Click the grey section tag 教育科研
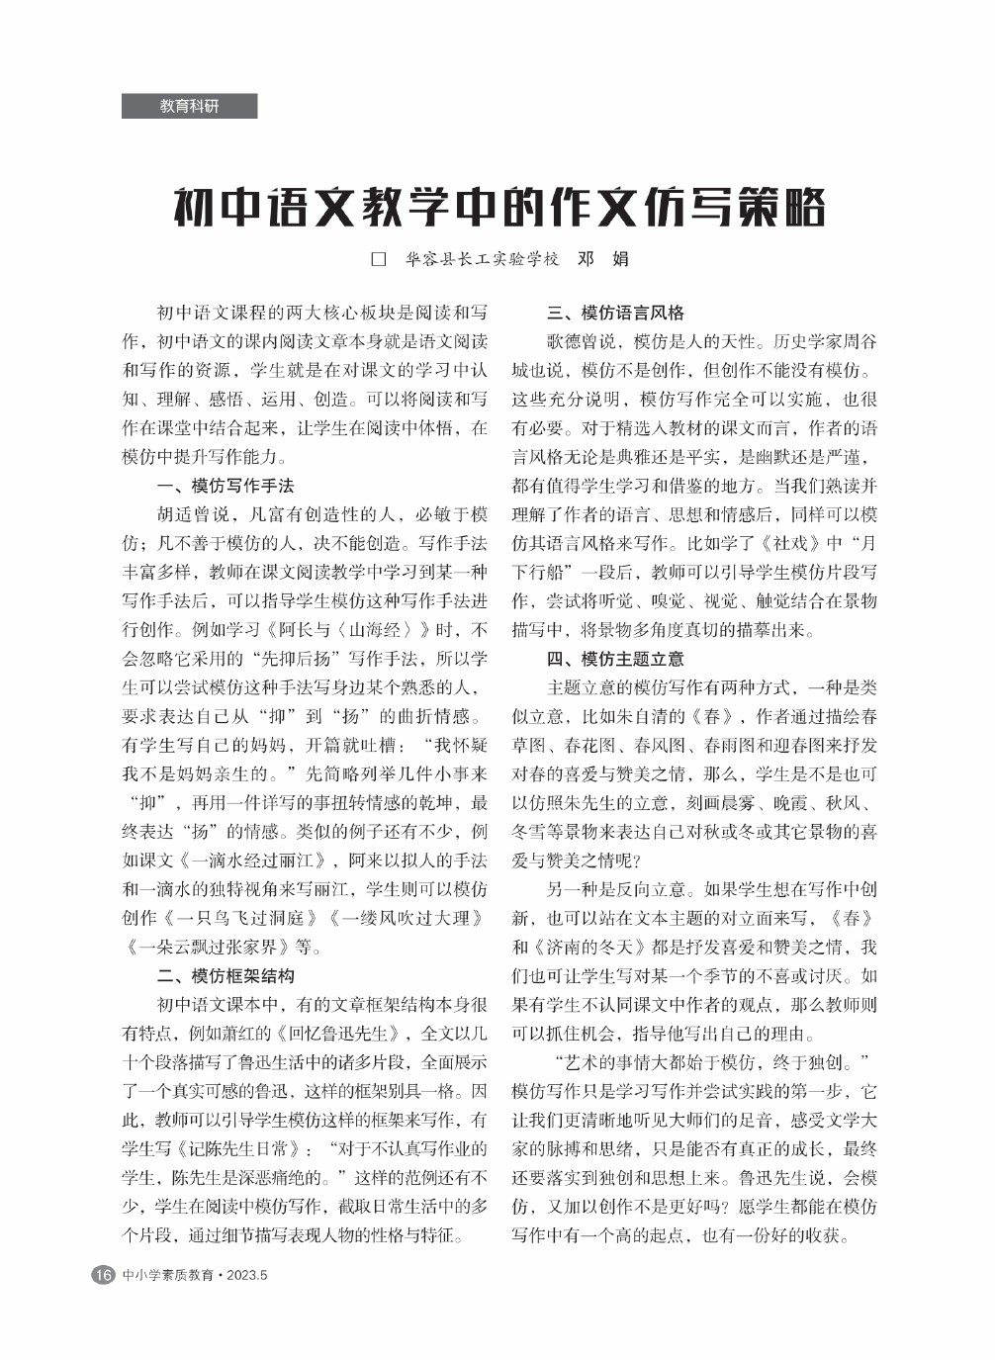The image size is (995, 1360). click(189, 106)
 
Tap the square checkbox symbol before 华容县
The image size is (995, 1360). click(376, 260)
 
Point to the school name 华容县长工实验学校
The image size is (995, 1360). click(482, 260)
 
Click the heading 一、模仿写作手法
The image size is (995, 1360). click(226, 486)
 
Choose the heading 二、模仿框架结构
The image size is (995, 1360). click(226, 975)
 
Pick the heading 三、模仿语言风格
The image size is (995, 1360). click(615, 313)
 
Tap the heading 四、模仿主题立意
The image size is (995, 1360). click(615, 659)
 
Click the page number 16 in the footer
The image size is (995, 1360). click(102, 1275)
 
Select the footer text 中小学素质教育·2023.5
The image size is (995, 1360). click(196, 1275)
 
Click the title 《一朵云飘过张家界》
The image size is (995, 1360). click(209, 947)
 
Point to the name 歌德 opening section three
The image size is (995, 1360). click(564, 342)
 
